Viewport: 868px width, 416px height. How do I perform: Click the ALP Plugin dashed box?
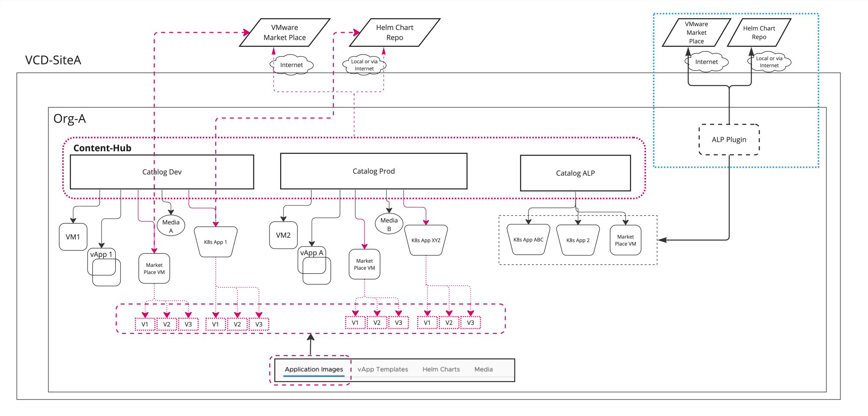pos(729,140)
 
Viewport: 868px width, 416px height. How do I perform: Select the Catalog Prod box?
pos(373,171)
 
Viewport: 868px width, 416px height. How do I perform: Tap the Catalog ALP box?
pos(575,173)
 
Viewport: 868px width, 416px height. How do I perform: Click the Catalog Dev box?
pos(161,172)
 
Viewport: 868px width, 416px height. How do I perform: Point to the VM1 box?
pos(73,237)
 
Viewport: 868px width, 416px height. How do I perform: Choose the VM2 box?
pos(283,235)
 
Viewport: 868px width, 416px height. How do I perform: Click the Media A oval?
pos(171,226)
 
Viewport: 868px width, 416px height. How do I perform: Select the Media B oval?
pos(389,224)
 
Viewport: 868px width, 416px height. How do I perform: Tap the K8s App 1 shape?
pos(215,242)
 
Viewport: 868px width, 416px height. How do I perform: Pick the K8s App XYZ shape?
pos(426,240)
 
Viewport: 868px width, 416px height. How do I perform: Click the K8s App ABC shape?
pos(528,240)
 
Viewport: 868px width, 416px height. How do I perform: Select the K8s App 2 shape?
pos(578,240)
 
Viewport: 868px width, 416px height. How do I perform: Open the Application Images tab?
pos(314,369)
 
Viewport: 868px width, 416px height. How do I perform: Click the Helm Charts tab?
pos(441,369)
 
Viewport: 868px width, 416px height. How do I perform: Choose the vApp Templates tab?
pos(382,369)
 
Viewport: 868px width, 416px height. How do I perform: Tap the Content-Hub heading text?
pos(102,148)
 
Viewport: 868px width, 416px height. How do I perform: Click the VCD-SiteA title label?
pos(53,60)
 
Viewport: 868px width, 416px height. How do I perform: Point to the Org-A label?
pos(70,119)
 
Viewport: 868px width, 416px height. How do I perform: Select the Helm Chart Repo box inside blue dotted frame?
pos(759,33)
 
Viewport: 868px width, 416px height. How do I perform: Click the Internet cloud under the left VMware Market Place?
pos(291,65)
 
